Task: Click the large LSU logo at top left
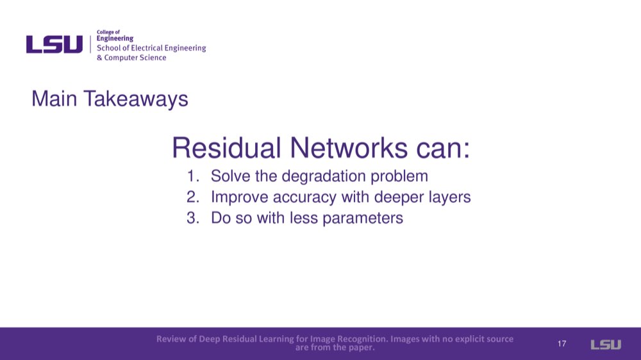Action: (x=54, y=44)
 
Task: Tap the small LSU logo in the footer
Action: (x=606, y=345)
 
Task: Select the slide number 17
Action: (x=562, y=343)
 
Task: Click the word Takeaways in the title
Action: (x=136, y=99)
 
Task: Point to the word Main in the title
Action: (x=54, y=99)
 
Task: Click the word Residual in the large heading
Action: (x=226, y=147)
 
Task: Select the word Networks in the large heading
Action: (x=349, y=147)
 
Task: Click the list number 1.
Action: (x=193, y=176)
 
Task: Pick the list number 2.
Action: (x=193, y=197)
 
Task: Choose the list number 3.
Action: (x=193, y=218)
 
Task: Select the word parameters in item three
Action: (x=363, y=218)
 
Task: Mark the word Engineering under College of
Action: (x=115, y=39)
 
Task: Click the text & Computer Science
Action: (x=131, y=58)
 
